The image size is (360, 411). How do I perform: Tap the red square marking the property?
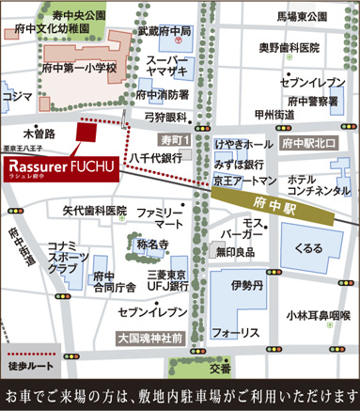pos(86,134)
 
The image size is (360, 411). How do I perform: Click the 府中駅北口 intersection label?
pos(308,143)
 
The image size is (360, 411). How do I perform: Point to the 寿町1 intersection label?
pos(175,139)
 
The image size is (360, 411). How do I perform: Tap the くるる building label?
pos(307,248)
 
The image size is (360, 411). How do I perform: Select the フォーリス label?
pos(236,333)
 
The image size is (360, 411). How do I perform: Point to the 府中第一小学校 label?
pos(79,69)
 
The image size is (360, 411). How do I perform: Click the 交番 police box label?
pos(220,368)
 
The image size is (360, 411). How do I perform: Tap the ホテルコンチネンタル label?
pos(313,185)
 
